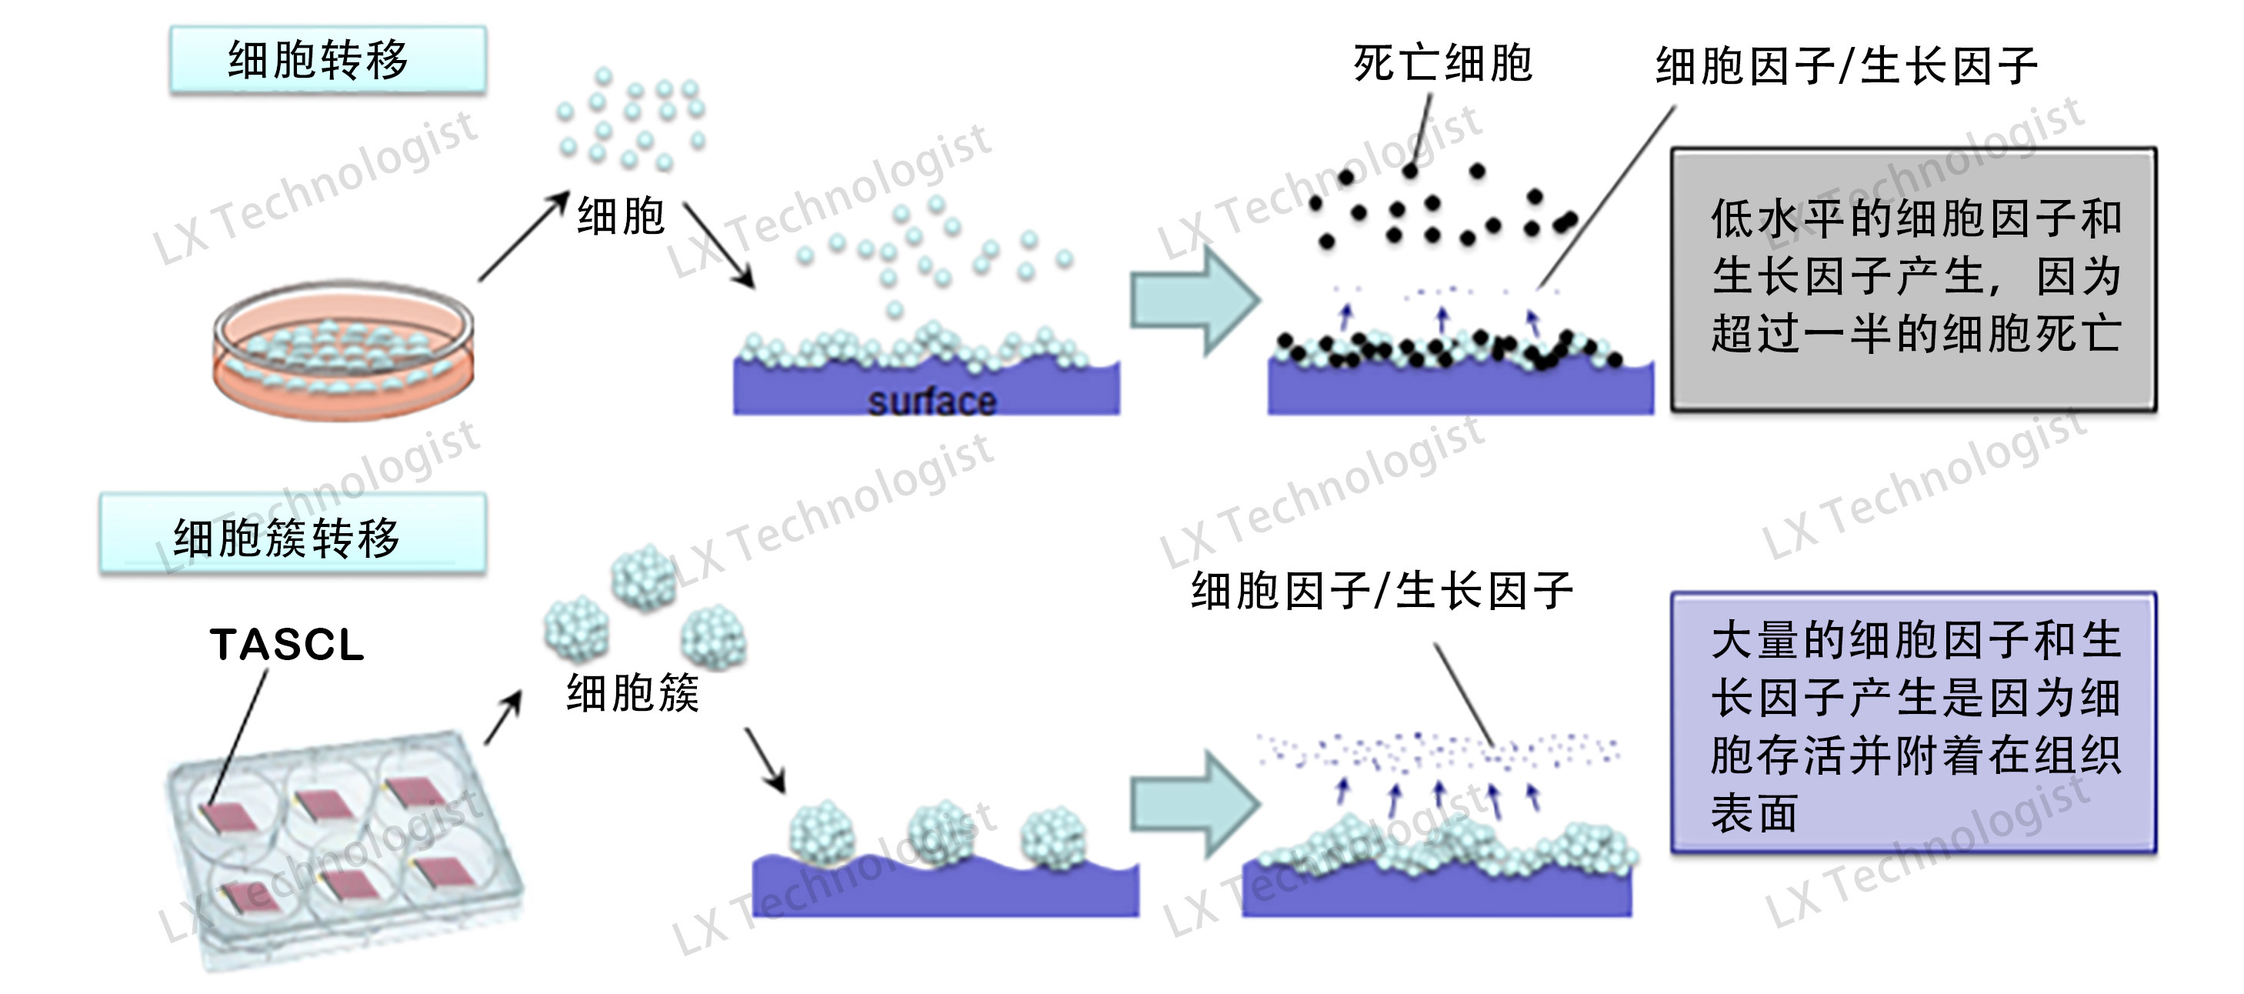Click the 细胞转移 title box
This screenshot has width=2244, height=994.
pyautogui.click(x=328, y=59)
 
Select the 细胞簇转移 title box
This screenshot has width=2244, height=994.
pyautogui.click(x=292, y=533)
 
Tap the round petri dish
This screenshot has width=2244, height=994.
pyautogui.click(x=343, y=350)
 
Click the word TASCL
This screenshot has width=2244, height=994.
pyautogui.click(x=287, y=645)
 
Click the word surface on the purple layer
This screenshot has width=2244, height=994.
pyautogui.click(x=932, y=402)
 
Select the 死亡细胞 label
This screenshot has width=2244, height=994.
pyautogui.click(x=1442, y=64)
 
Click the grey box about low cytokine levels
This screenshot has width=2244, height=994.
pyautogui.click(x=1913, y=279)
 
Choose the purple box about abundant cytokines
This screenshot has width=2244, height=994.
pyautogui.click(x=1913, y=722)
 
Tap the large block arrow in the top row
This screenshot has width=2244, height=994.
pyautogui.click(x=1194, y=301)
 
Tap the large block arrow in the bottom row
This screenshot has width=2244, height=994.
pyautogui.click(x=1194, y=803)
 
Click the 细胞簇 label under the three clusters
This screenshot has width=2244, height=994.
pyautogui.click(x=632, y=693)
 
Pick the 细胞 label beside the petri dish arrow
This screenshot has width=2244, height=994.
pyautogui.click(x=621, y=215)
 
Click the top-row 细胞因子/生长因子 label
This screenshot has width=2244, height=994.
pyautogui.click(x=1847, y=66)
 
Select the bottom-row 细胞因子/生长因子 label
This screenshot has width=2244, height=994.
pyautogui.click(x=1382, y=591)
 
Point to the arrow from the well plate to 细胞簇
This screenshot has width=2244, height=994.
pyautogui.click(x=504, y=718)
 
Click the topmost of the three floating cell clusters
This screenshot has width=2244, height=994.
pyautogui.click(x=644, y=577)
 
